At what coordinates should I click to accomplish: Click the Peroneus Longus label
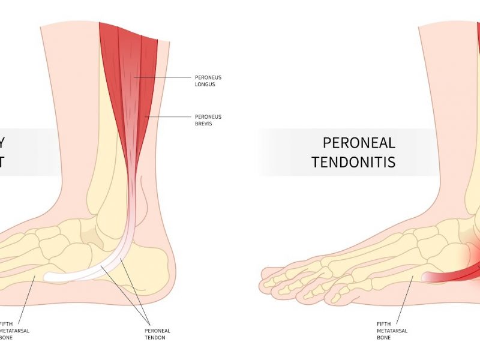[208, 80]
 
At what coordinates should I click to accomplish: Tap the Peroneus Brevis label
[208, 119]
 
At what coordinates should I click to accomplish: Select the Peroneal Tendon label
[158, 334]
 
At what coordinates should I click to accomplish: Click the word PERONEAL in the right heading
[359, 143]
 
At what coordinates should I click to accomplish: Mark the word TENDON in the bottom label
[158, 337]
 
